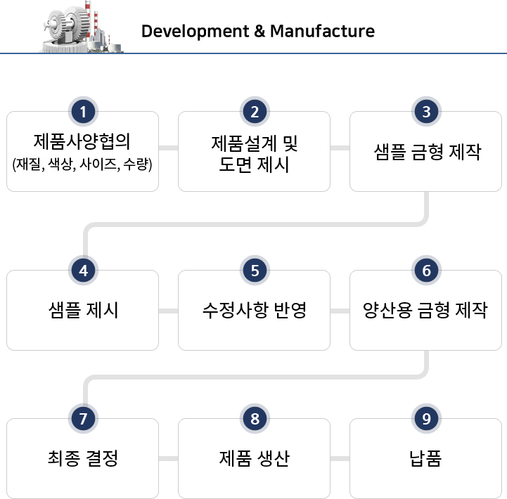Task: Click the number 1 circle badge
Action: click(x=83, y=112)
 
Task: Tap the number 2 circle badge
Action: click(x=255, y=112)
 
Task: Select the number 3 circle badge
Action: click(x=427, y=112)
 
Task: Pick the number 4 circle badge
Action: click(x=83, y=271)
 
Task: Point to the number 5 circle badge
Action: click(x=255, y=271)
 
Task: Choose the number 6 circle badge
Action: click(x=427, y=271)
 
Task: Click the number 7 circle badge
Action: click(x=83, y=418)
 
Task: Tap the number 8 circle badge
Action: click(x=255, y=418)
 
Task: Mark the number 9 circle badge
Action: click(x=427, y=418)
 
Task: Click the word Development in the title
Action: click(x=195, y=32)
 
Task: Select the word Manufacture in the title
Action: click(x=322, y=31)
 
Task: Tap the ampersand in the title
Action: click(x=259, y=31)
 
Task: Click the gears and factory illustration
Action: click(x=82, y=27)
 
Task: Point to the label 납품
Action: click(x=425, y=458)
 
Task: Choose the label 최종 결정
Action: click(x=83, y=458)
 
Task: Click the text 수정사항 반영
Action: click(x=254, y=310)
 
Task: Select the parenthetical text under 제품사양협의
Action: click(x=82, y=164)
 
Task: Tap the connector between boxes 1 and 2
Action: click(x=168, y=148)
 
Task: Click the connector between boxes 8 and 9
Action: click(x=340, y=458)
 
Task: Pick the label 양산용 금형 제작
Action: click(x=425, y=310)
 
